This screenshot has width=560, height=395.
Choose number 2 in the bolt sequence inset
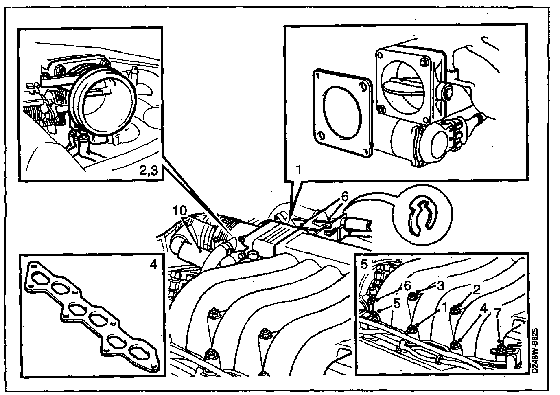[x=476, y=290]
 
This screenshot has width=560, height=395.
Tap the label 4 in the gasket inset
[x=153, y=265]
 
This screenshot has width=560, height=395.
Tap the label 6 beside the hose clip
[x=344, y=196]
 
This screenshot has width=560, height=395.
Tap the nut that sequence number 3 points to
[x=413, y=295]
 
